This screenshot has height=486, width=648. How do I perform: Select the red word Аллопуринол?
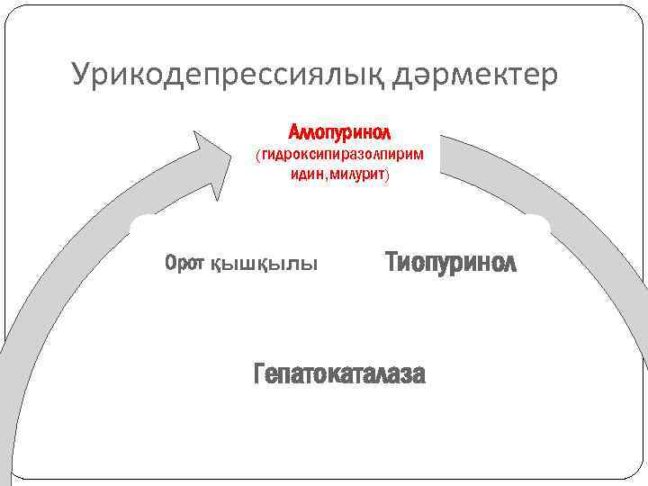click(x=338, y=132)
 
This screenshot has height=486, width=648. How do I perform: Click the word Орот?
click(x=184, y=264)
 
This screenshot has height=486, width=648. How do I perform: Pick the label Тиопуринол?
click(x=451, y=263)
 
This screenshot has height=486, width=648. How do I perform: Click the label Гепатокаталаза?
click(x=340, y=373)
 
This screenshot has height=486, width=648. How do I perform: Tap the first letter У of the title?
click(x=81, y=75)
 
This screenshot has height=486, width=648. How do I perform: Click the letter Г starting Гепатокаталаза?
click(x=261, y=373)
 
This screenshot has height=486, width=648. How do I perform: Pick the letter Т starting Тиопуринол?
click(x=393, y=263)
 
